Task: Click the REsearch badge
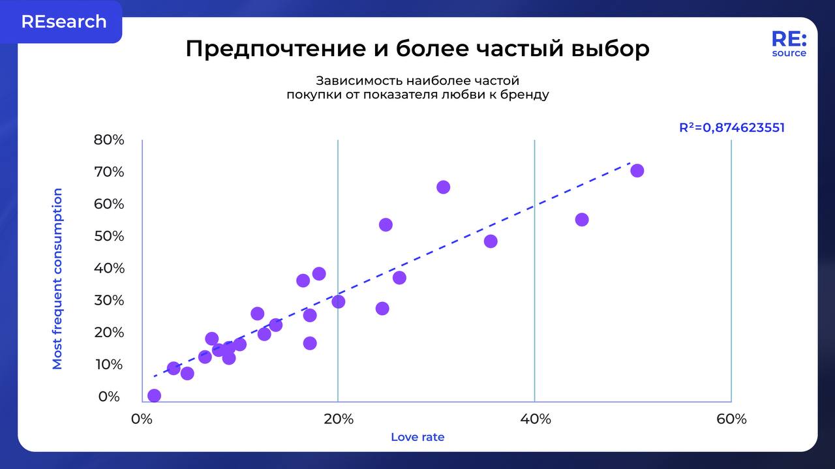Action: click(x=63, y=22)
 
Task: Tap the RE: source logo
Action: click(x=789, y=44)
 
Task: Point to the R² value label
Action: click(x=732, y=128)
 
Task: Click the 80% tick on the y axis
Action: click(x=109, y=140)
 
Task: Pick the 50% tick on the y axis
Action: click(x=109, y=235)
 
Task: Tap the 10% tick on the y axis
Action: click(x=109, y=364)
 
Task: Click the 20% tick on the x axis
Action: click(x=338, y=419)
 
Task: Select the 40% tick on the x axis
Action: click(x=535, y=419)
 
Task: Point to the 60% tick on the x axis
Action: click(x=731, y=419)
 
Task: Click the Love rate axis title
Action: click(x=417, y=437)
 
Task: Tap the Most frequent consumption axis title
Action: click(x=57, y=279)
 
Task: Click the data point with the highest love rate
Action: click(x=637, y=170)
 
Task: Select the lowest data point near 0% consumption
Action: click(x=154, y=395)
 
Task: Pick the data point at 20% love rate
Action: click(x=338, y=301)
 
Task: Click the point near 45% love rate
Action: click(x=582, y=219)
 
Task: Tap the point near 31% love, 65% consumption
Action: click(x=444, y=187)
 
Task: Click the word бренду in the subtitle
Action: click(x=523, y=95)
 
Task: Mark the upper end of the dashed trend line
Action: click(x=629, y=163)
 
